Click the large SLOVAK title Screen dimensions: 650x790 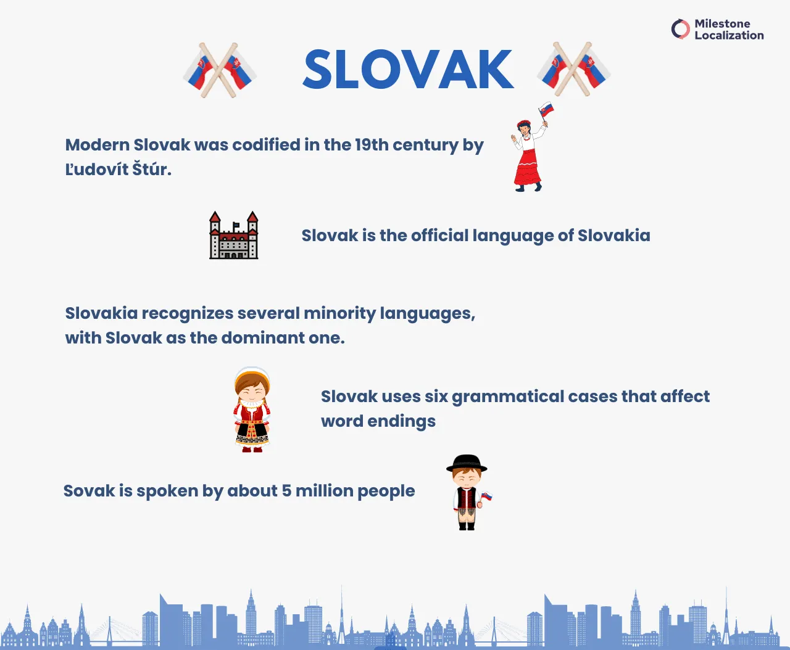(408, 70)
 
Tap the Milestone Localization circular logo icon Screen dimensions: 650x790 (680, 29)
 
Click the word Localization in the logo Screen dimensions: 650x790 (729, 36)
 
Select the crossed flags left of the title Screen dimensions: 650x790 (220, 70)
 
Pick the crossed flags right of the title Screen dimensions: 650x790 (573, 70)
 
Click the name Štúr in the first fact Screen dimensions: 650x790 (151, 169)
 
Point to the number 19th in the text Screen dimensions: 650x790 (372, 145)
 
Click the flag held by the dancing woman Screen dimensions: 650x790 (546, 110)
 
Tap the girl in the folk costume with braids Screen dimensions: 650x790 (252, 410)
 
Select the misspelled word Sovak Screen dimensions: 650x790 (89, 491)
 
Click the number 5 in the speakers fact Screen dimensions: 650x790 (286, 491)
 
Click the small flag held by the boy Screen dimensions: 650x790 (486, 496)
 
